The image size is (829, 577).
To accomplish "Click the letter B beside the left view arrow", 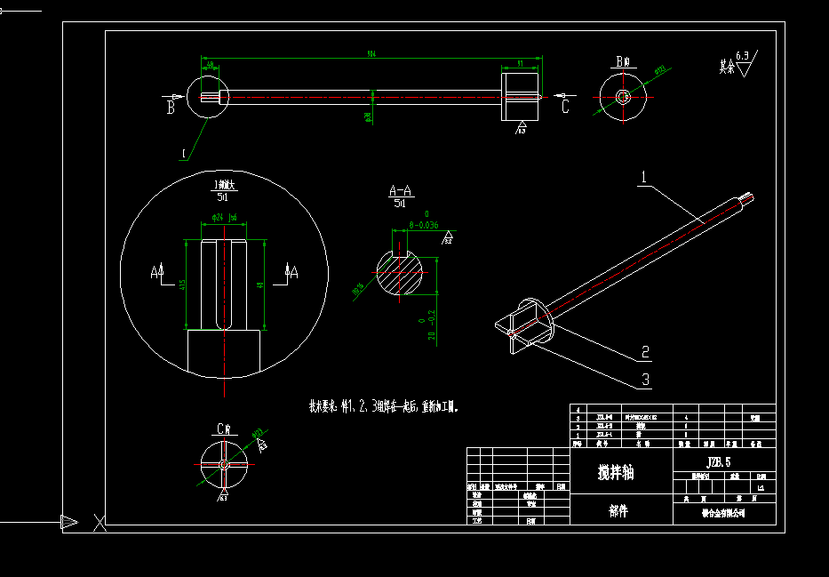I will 170,108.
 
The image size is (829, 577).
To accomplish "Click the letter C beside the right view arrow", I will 565,107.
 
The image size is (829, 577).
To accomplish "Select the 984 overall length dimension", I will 371,54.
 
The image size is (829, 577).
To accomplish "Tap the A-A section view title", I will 401,191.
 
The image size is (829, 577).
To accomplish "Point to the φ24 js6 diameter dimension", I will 223,217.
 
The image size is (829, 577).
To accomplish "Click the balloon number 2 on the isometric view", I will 645,353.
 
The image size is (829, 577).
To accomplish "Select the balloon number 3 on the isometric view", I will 646,380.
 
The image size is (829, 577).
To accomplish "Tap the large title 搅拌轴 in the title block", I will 616,473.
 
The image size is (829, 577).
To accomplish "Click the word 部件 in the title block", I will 618,511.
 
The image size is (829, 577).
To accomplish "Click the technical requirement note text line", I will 383,406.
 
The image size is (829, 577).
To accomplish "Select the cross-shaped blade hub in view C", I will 223,464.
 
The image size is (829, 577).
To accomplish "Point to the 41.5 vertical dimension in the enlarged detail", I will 182,284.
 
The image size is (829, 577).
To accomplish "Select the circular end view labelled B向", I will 623,96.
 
